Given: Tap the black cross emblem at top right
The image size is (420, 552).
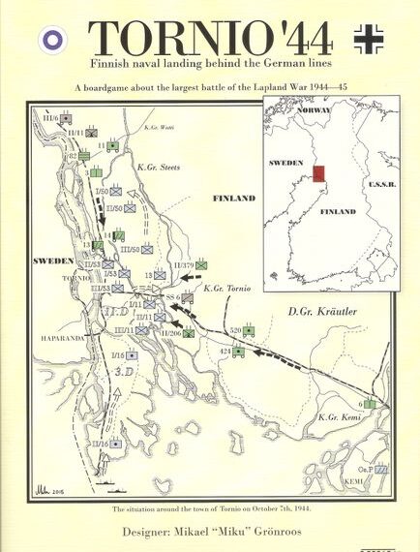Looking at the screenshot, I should coord(372,38).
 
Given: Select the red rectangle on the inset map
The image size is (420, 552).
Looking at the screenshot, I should coord(317,174).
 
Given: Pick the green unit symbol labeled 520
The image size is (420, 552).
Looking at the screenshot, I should coord(250,331).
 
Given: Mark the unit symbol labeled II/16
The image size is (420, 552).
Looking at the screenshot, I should coord(116,443).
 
